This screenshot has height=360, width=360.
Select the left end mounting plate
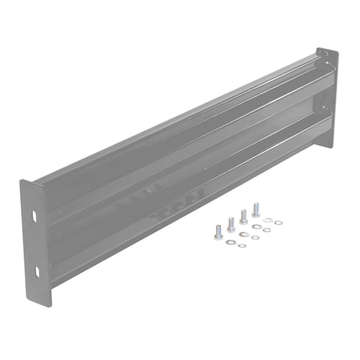[x=37, y=241]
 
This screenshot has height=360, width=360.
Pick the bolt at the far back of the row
[x=255, y=209]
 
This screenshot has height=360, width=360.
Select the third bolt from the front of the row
[x=243, y=216]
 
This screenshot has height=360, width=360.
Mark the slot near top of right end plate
[x=322, y=58]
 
